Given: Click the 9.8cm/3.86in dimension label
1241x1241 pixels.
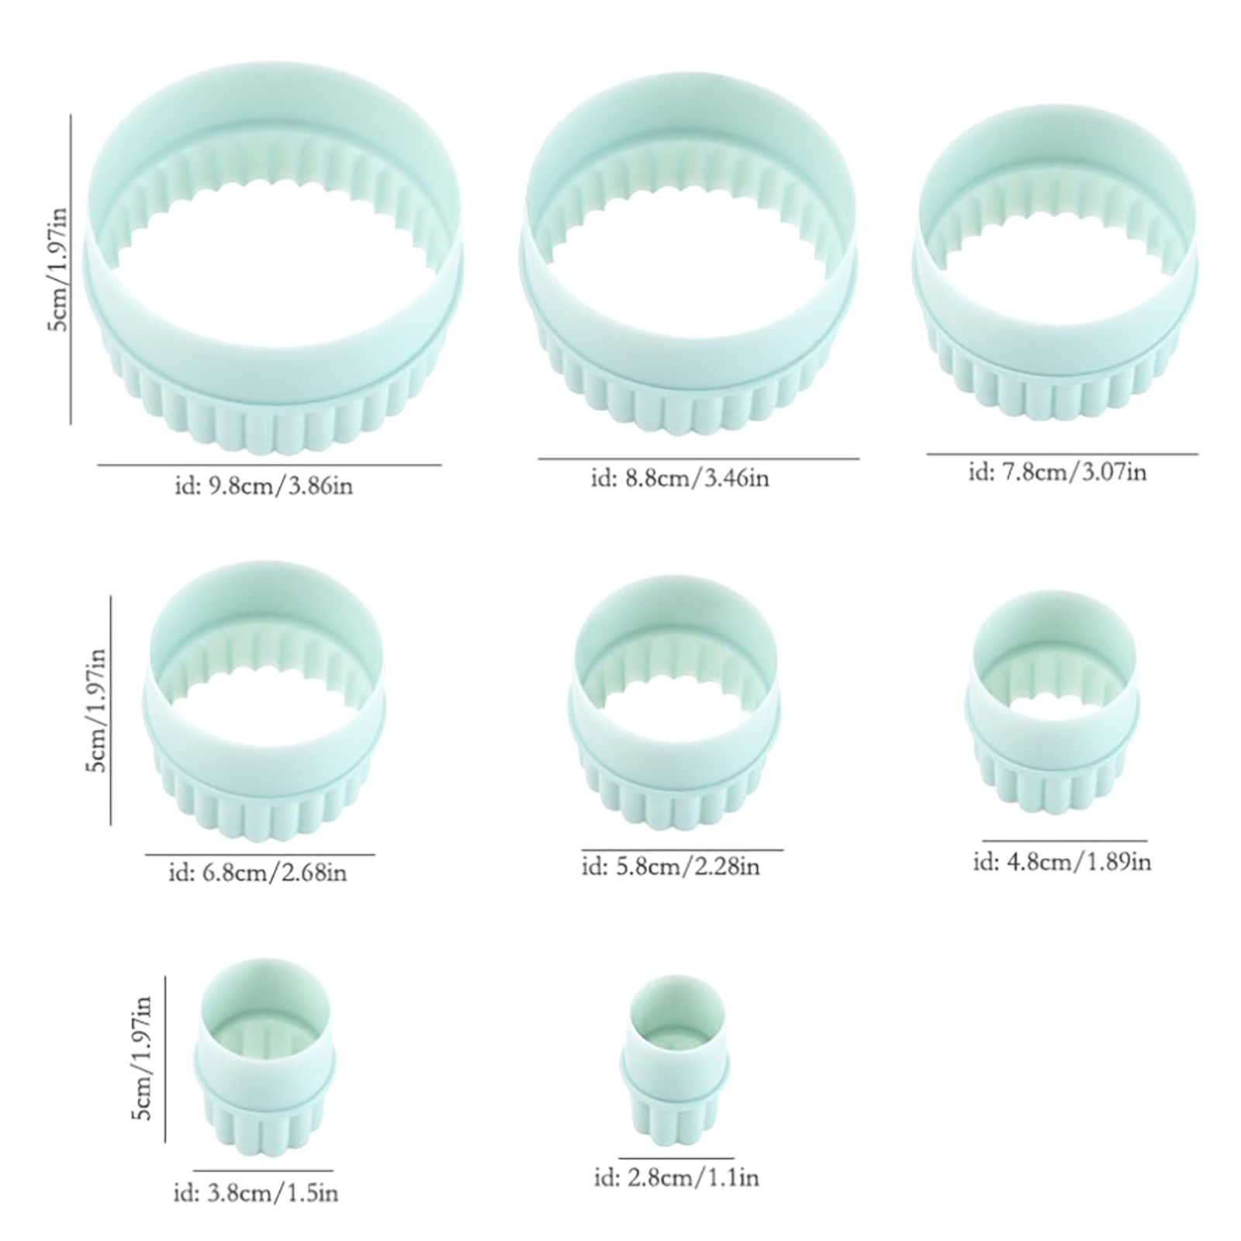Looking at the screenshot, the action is tap(261, 487).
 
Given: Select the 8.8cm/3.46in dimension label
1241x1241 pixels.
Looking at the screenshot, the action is tap(679, 478).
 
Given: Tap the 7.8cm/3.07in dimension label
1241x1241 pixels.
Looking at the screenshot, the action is tap(1057, 471).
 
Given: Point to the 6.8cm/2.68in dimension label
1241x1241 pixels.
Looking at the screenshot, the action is tap(258, 873).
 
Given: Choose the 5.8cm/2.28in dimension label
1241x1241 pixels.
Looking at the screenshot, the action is tap(671, 865).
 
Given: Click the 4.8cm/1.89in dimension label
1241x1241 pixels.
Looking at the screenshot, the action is tap(1063, 861).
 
